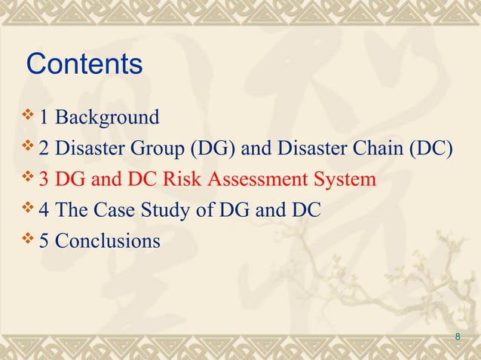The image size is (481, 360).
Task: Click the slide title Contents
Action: [84, 64]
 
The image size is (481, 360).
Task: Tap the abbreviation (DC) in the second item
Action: [430, 149]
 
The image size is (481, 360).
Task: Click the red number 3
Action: [44, 180]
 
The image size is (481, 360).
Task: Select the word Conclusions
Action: [107, 242]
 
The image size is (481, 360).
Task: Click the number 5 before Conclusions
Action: [44, 242]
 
